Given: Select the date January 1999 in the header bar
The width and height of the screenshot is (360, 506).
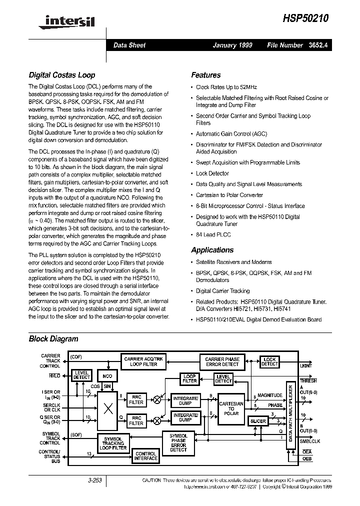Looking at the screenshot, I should pyautogui.click(x=232, y=45).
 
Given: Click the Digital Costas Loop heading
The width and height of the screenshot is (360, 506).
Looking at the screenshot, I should pyautogui.click(x=61, y=75).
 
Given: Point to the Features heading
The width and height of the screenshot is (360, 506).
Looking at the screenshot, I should pyautogui.click(x=205, y=75).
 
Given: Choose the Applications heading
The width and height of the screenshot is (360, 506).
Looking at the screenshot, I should pyautogui.click(x=212, y=250).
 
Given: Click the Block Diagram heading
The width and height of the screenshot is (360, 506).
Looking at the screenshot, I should pyautogui.click(x=53, y=338).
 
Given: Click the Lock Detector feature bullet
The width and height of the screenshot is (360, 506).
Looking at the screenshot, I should pyautogui.click(x=212, y=173).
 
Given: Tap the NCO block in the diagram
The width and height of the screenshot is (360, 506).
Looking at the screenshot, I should pyautogui.click(x=107, y=375).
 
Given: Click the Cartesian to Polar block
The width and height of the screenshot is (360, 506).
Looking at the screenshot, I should pyautogui.click(x=231, y=408).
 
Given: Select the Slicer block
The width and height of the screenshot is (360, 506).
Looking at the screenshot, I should pyautogui.click(x=258, y=421).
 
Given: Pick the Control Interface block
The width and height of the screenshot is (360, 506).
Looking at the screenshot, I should pyautogui.click(x=145, y=456).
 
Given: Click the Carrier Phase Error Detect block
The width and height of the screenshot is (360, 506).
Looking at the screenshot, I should pyautogui.click(x=222, y=361).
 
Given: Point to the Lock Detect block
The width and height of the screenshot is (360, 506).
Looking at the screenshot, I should pyautogui.click(x=269, y=361).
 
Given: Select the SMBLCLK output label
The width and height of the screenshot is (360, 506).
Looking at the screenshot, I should pyautogui.click(x=310, y=441).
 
